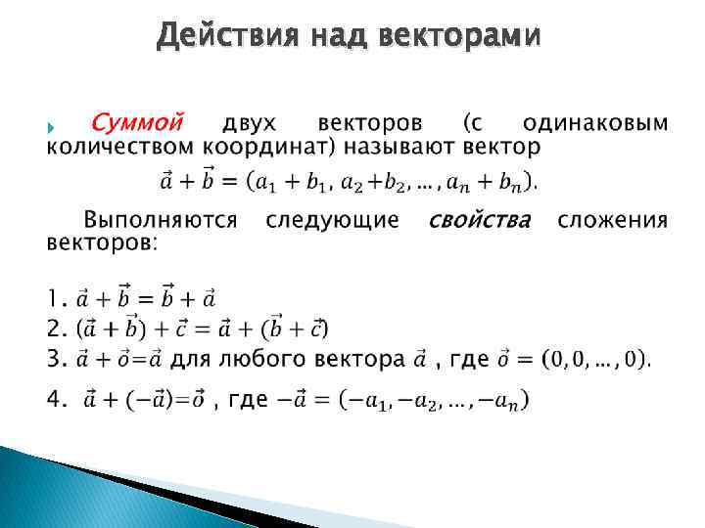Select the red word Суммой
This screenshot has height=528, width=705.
pos(138,124)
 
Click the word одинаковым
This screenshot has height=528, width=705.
pos(595,124)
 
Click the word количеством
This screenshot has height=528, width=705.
pos(121,149)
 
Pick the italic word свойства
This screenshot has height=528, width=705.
pos(480,220)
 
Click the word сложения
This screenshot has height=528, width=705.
pos(613,220)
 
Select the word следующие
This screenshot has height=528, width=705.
pos(333,220)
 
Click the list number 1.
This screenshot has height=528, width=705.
pos(55,296)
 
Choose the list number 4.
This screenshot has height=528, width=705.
pos(57,399)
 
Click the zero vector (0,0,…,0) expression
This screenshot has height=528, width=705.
pos(597,361)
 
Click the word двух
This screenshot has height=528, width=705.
pos(250,124)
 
